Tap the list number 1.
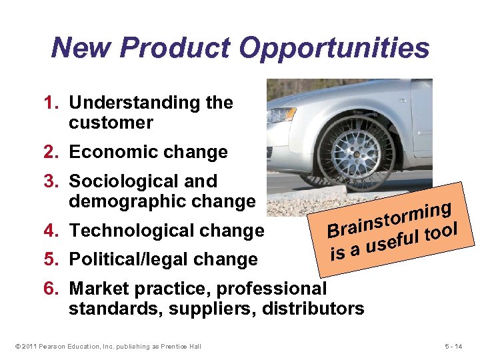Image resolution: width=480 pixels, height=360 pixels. click(51, 103)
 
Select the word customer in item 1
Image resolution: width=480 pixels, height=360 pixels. click(111, 123)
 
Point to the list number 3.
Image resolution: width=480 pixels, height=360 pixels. click(51, 181)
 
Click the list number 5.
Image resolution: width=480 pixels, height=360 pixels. click(51, 259)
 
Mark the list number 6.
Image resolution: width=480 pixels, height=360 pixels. click(51, 289)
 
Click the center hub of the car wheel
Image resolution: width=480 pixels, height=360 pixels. click(355, 153)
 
